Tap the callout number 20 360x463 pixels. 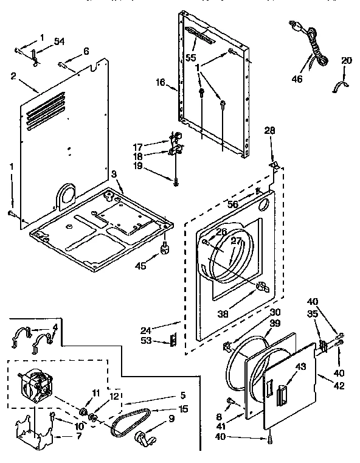[346, 60]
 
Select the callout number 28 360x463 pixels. [270, 130]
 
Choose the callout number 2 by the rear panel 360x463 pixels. [13, 76]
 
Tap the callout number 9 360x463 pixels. [171, 418]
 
